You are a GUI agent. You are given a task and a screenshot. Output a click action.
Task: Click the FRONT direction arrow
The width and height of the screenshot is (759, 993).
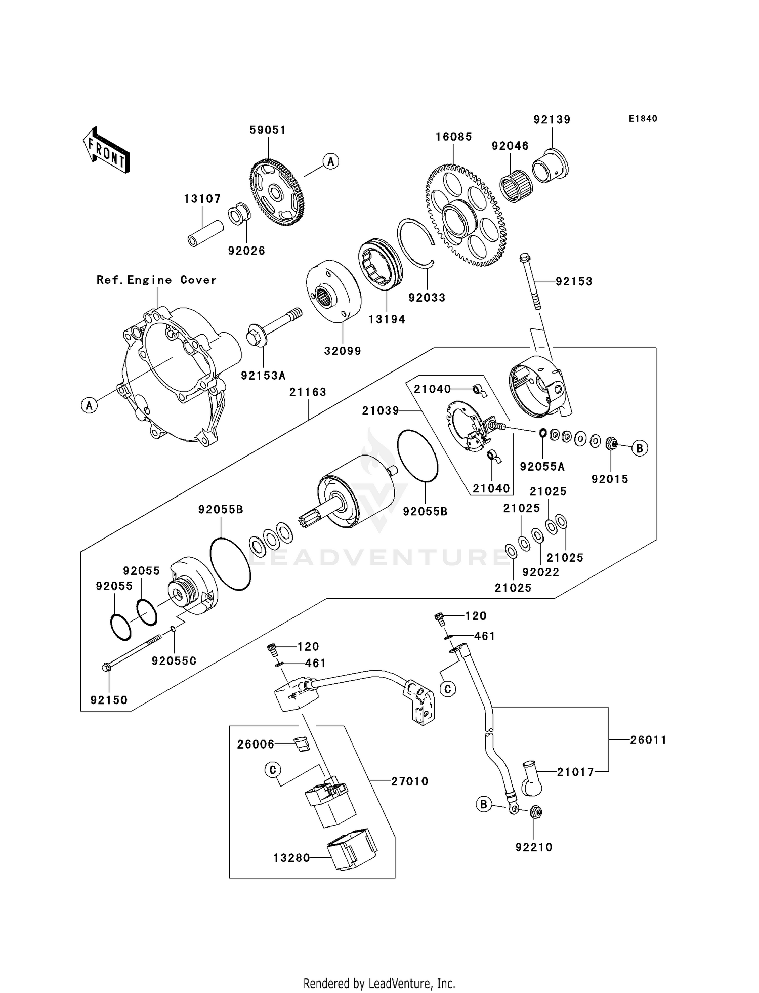106,150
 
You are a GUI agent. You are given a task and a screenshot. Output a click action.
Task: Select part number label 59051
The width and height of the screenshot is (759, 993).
268,130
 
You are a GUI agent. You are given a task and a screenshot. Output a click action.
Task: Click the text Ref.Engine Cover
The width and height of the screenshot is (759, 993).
156,280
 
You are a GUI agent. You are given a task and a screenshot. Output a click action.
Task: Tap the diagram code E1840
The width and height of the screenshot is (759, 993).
643,119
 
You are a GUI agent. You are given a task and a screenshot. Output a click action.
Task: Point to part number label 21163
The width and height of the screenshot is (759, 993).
308,392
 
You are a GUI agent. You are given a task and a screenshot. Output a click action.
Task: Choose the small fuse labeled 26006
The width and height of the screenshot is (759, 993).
302,744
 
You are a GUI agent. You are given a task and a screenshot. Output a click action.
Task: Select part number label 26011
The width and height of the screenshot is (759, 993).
648,740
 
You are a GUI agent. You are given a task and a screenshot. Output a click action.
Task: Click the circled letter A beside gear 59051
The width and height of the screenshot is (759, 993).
330,161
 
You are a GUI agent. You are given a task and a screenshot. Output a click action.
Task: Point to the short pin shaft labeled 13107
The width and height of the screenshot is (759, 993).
205,233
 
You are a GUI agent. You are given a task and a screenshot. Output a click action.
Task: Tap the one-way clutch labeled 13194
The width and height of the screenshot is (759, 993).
380,265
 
